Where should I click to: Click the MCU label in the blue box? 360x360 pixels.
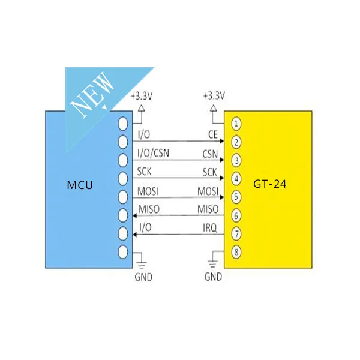[80, 185]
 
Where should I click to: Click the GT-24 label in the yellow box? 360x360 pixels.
[270, 184]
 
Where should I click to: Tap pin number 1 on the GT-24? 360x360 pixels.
[236, 124]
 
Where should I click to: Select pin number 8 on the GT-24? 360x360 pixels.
[236, 252]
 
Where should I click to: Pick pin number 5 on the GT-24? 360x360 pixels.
[236, 197]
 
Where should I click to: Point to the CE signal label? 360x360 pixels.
[213, 134]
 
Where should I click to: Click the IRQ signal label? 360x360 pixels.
[210, 228]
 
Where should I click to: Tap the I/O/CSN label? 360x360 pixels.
[153, 153]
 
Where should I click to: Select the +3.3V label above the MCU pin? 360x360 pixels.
[142, 96]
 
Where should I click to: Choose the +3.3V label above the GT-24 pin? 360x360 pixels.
[214, 96]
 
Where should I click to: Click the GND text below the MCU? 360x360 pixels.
[143, 277]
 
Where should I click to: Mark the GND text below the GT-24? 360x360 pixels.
[213, 277]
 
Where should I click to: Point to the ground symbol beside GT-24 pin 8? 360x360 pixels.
[213, 264]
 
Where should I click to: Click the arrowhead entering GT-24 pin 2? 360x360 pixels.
[222, 141]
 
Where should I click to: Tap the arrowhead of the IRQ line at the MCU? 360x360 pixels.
[135, 235]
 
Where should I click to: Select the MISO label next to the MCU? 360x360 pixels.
[149, 209]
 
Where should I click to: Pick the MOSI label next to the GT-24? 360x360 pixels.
[208, 191]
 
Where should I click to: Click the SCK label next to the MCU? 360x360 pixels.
[144, 172]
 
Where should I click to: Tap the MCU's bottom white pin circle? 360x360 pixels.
[123, 252]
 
